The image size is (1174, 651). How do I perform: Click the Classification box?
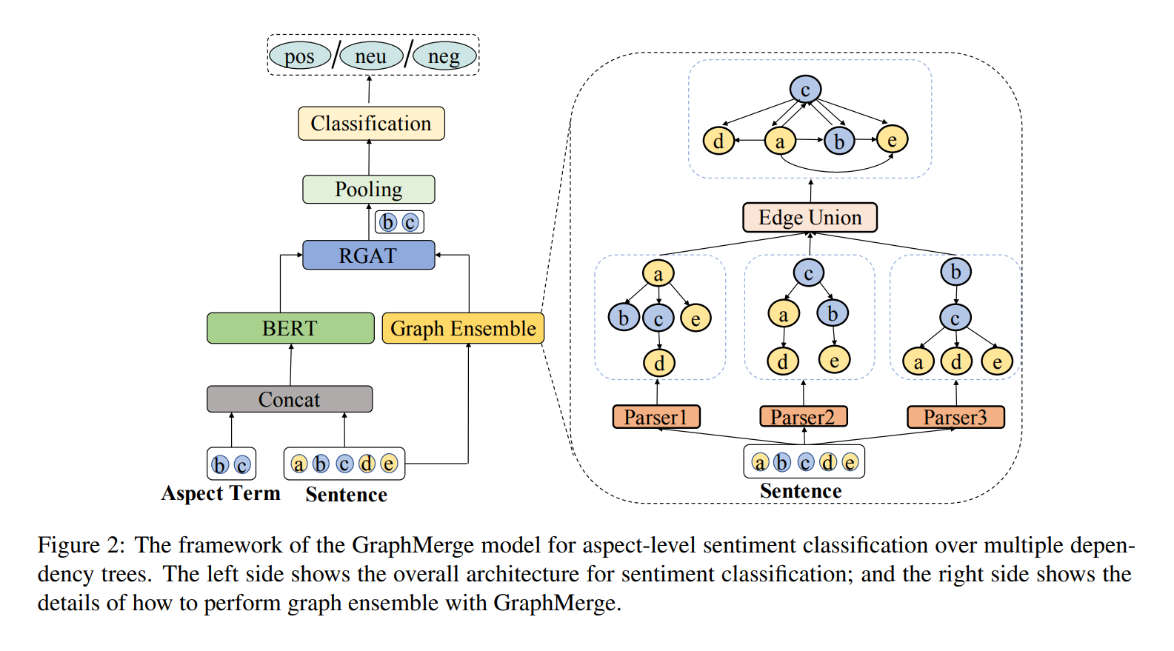pyautogui.click(x=371, y=124)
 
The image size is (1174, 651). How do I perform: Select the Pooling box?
pyautogui.click(x=368, y=190)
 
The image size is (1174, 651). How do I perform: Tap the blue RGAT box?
pyautogui.click(x=368, y=256)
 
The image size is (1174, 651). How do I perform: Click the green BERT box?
pyautogui.click(x=290, y=328)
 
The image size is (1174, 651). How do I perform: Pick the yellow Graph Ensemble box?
pyautogui.click(x=463, y=328)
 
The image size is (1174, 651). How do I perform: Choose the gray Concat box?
pyautogui.click(x=290, y=399)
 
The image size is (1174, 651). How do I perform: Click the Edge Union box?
pyautogui.click(x=810, y=218)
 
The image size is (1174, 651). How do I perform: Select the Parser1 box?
pyautogui.click(x=656, y=417)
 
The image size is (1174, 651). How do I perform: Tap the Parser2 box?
pyautogui.click(x=803, y=417)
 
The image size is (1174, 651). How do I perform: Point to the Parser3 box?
pyautogui.click(x=955, y=417)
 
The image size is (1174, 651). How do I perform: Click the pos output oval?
pyautogui.click(x=299, y=56)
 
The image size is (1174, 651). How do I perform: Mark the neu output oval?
pyautogui.click(x=370, y=56)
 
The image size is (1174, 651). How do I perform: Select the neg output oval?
pyautogui.click(x=443, y=56)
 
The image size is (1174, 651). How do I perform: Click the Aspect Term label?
pyautogui.click(x=221, y=493)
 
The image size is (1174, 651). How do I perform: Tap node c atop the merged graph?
pyautogui.click(x=805, y=90)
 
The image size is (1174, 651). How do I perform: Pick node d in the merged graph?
pyautogui.click(x=718, y=140)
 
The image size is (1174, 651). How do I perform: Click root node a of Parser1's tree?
pyautogui.click(x=658, y=273)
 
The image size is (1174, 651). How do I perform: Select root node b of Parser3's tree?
pyautogui.click(x=955, y=272)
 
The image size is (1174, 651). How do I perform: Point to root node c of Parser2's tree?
pyautogui.click(x=808, y=273)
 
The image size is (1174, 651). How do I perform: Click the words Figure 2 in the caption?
pyautogui.click(x=82, y=545)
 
